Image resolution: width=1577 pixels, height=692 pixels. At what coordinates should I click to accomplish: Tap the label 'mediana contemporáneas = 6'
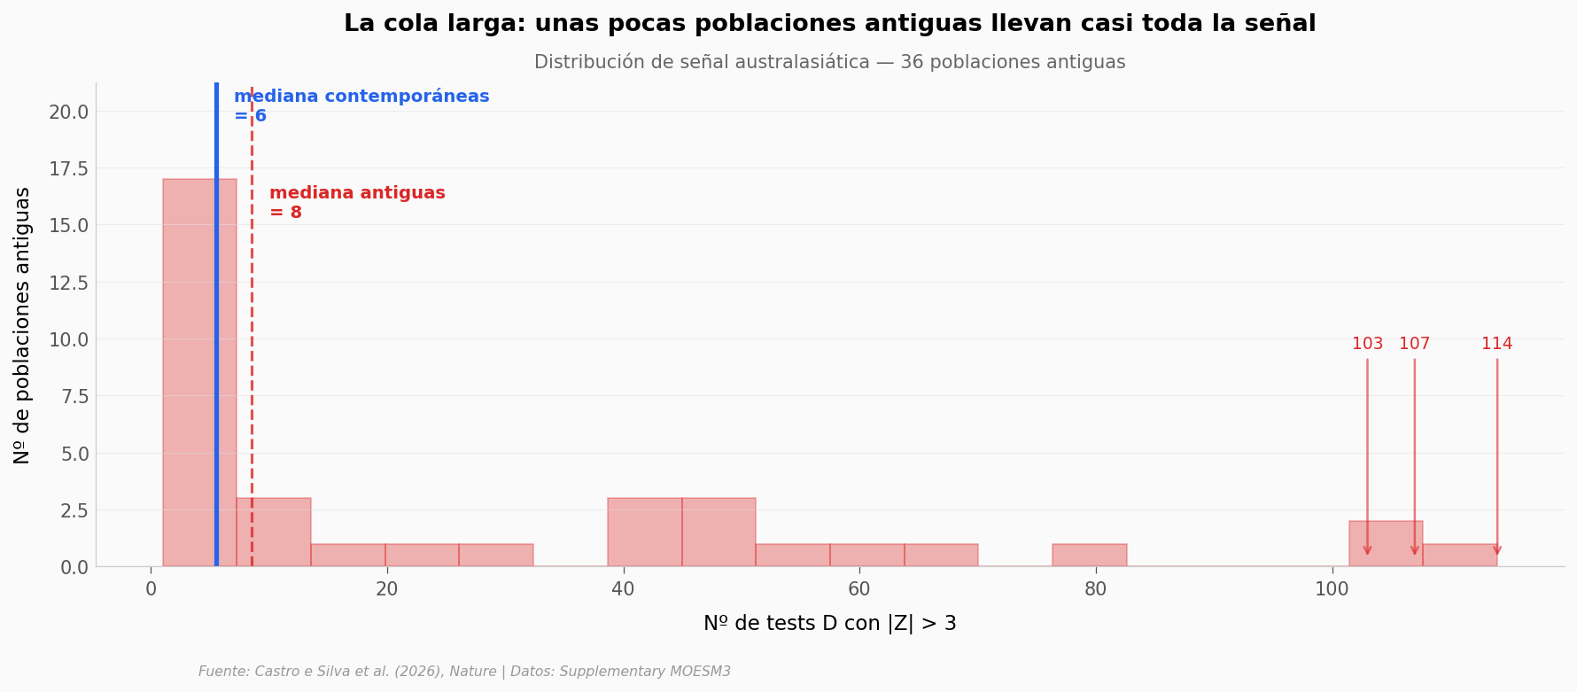point(361,106)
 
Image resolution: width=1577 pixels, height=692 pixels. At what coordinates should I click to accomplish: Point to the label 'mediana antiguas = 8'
point(357,203)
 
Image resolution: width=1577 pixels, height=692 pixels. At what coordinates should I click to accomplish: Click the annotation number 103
point(1367,344)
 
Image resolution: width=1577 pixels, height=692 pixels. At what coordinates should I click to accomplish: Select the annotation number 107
point(1414,344)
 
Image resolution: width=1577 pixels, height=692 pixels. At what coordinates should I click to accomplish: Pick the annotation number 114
point(1496,344)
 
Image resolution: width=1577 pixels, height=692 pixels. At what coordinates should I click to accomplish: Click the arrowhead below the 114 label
point(1496,550)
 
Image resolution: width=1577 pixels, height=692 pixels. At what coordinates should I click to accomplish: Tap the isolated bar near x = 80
point(1089,556)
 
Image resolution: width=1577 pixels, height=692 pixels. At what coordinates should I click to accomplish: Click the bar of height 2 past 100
point(1386,544)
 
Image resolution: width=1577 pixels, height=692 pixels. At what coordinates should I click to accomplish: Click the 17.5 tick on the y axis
point(68,168)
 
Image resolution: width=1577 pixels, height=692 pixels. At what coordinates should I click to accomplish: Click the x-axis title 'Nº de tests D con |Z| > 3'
point(829,624)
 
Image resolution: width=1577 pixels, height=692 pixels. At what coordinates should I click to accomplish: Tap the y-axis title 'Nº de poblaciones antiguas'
point(22,325)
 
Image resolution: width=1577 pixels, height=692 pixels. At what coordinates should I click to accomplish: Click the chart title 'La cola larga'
point(829,24)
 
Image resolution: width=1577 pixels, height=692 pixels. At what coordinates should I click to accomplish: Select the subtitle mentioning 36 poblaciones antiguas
point(829,63)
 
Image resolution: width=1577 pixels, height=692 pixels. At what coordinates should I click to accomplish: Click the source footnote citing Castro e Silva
point(464,672)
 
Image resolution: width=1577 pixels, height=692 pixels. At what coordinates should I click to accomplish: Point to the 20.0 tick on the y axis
point(68,112)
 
